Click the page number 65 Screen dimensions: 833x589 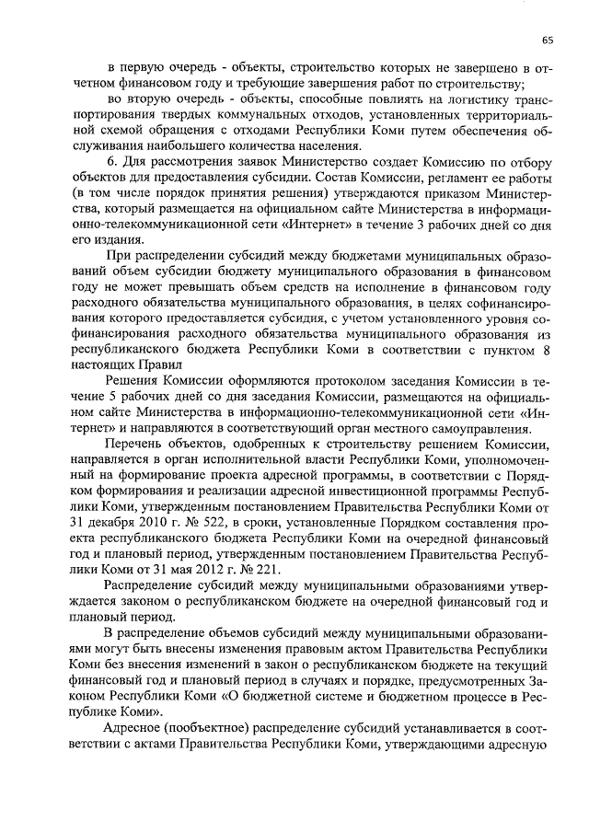546,40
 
